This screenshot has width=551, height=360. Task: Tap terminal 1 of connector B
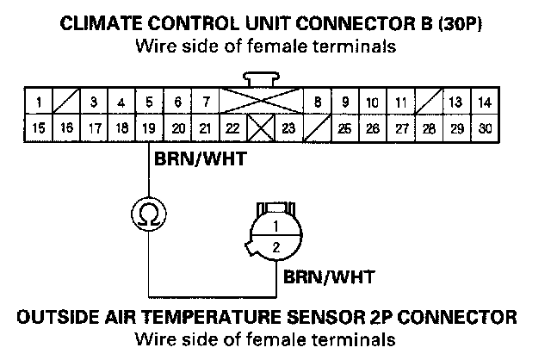39,102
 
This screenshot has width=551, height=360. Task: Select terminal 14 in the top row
484,102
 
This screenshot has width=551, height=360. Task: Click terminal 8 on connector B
317,102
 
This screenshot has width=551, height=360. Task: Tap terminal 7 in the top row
205,102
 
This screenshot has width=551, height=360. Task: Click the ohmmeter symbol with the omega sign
149,211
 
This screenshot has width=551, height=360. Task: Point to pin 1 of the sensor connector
275,227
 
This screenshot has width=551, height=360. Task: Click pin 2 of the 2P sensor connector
275,247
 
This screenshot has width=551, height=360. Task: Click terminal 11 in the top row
400,102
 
